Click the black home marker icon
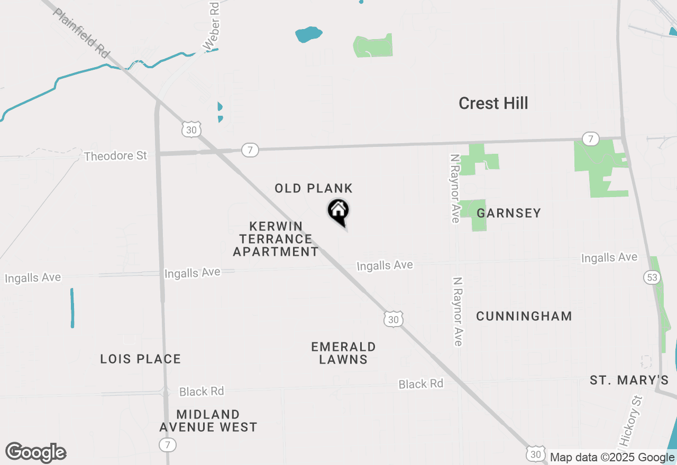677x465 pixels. pyautogui.click(x=338, y=211)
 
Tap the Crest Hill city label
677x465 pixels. pyautogui.click(x=493, y=103)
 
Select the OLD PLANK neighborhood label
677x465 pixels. pyautogui.click(x=313, y=188)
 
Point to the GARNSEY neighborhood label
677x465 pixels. pyautogui.click(x=509, y=213)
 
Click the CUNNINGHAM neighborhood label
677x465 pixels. pyautogui.click(x=524, y=316)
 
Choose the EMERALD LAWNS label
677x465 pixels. pyautogui.click(x=343, y=353)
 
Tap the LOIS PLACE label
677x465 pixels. pyautogui.click(x=141, y=359)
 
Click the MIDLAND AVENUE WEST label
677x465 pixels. pyautogui.click(x=208, y=421)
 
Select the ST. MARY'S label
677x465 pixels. pyautogui.click(x=629, y=380)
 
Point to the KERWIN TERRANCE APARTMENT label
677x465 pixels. pyautogui.click(x=276, y=239)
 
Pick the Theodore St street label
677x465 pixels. pyautogui.click(x=115, y=156)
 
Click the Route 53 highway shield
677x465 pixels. pyautogui.click(x=651, y=276)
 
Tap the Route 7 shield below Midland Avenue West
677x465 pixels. pyautogui.click(x=168, y=445)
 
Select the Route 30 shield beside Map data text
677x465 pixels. pyautogui.click(x=535, y=454)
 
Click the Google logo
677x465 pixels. pyautogui.click(x=36, y=453)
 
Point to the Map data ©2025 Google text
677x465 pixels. pyautogui.click(x=612, y=458)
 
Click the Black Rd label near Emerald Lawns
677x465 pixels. pyautogui.click(x=421, y=384)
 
